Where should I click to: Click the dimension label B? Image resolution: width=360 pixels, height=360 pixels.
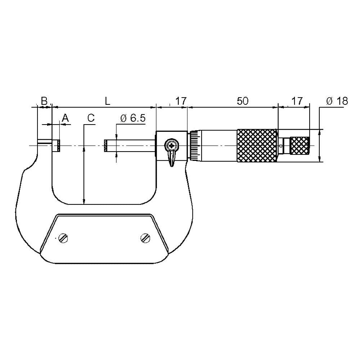coord(44,101)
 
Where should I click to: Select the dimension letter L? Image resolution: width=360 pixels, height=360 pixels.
coord(107,101)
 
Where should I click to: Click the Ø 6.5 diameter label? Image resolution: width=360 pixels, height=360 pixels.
coord(132,118)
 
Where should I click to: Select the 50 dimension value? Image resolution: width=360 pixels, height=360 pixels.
coord(242,101)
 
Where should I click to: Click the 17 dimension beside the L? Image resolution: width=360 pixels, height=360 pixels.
coord(180,101)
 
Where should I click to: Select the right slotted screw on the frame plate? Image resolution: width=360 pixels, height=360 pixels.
coord(145,238)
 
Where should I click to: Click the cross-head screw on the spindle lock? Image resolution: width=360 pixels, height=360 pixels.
coord(171,146)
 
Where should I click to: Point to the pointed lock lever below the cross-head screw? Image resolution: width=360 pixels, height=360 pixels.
coord(172,159)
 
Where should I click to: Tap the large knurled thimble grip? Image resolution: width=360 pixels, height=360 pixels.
coord(257,146)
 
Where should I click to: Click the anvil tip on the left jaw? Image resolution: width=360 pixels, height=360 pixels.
coord(57,146)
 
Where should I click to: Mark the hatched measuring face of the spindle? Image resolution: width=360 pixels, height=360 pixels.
coord(105,146)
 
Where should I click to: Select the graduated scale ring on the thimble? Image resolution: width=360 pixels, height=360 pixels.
coord(195,146)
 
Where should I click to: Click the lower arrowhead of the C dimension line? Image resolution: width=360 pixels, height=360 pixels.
coord(84,202)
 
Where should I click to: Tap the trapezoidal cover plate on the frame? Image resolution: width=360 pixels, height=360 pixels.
coord(104,238)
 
